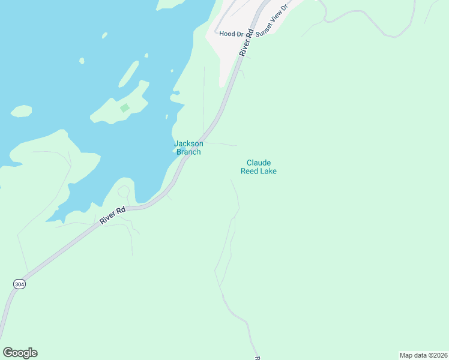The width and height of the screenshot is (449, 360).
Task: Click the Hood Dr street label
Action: tap(231, 34)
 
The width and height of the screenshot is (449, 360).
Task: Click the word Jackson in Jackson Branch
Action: tap(188, 143)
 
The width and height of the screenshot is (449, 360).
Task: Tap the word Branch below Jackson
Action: tap(188, 152)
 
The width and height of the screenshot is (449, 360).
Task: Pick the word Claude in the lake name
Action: tap(259, 163)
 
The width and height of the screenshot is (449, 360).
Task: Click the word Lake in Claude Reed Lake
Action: tap(268, 171)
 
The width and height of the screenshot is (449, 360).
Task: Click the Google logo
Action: tap(20, 353)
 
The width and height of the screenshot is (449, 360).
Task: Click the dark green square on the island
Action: tap(124, 108)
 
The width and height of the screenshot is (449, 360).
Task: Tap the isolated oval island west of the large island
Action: tap(21, 111)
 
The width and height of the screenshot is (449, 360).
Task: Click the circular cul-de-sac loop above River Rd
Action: tap(124, 192)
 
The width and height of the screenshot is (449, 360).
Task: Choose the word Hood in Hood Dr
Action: tap(226, 34)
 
